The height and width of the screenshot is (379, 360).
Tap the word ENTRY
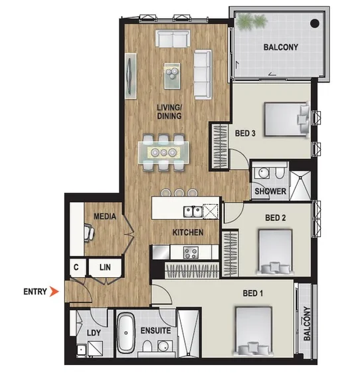pos(35,291)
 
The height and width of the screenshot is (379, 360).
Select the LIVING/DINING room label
pos(169,111)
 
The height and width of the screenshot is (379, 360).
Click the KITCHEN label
pos(188,232)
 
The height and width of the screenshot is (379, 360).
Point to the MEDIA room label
pos(105,217)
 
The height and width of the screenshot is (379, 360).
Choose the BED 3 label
pos(247,132)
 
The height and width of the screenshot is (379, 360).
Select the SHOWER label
pos(270,191)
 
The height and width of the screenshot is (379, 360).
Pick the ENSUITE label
pos(156,330)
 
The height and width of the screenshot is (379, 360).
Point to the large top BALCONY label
pos(280,47)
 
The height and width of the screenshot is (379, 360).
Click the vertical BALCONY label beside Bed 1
pos(307,324)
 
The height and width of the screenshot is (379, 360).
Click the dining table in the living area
pos(163,152)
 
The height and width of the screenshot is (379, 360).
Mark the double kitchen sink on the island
pos(195,212)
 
